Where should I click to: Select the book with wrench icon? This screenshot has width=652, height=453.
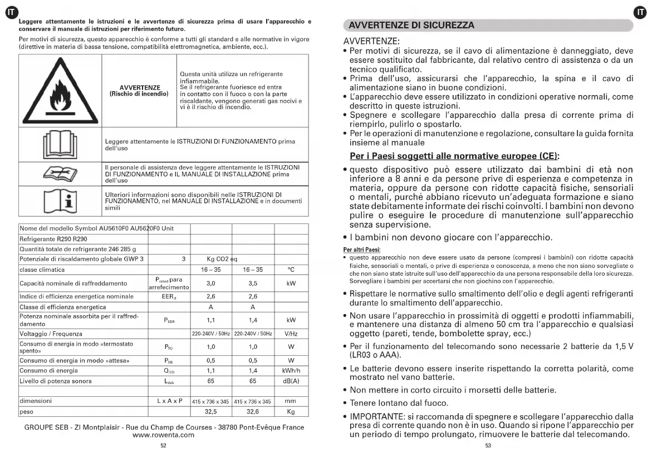tap(59, 173)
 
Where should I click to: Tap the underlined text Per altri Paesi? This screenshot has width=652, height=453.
tap(361, 250)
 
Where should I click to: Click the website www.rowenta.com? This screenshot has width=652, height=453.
tap(164, 435)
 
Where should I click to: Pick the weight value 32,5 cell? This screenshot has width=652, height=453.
tap(211, 412)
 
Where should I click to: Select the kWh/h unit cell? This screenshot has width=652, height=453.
tap(291, 370)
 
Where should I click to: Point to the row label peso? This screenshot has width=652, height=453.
tap(27, 412)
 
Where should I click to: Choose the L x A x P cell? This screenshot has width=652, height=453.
tap(169, 401)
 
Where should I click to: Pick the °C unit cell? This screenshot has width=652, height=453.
tap(291, 270)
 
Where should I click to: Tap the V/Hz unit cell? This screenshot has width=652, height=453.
tap(291, 334)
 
